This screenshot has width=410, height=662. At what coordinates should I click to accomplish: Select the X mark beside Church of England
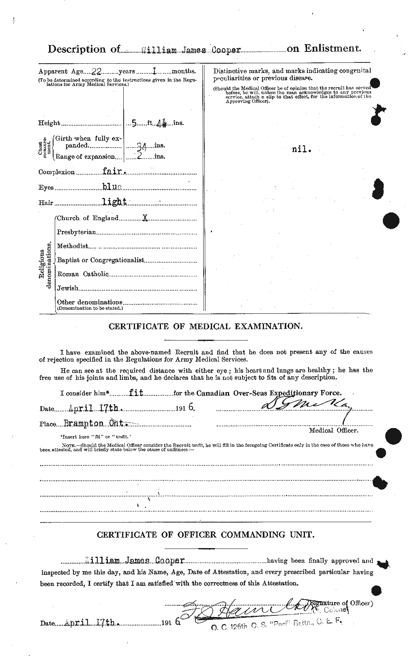pos(145,218)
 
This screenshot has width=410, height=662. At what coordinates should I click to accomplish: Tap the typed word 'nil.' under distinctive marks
pos(302,149)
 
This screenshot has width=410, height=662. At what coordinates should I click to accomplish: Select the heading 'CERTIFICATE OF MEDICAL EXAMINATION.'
pos(205,326)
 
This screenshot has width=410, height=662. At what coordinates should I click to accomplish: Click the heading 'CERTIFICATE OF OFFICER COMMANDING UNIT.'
pos(205,535)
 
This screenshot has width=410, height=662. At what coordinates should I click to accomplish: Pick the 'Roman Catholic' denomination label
pos(83,274)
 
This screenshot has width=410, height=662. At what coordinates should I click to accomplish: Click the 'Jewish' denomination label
pos(67,288)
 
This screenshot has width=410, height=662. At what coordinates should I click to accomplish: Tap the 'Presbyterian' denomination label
pos(76,232)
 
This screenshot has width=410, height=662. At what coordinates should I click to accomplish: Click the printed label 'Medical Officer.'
pos(333,430)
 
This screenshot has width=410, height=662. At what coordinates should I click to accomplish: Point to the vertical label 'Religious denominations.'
pos(45,266)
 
